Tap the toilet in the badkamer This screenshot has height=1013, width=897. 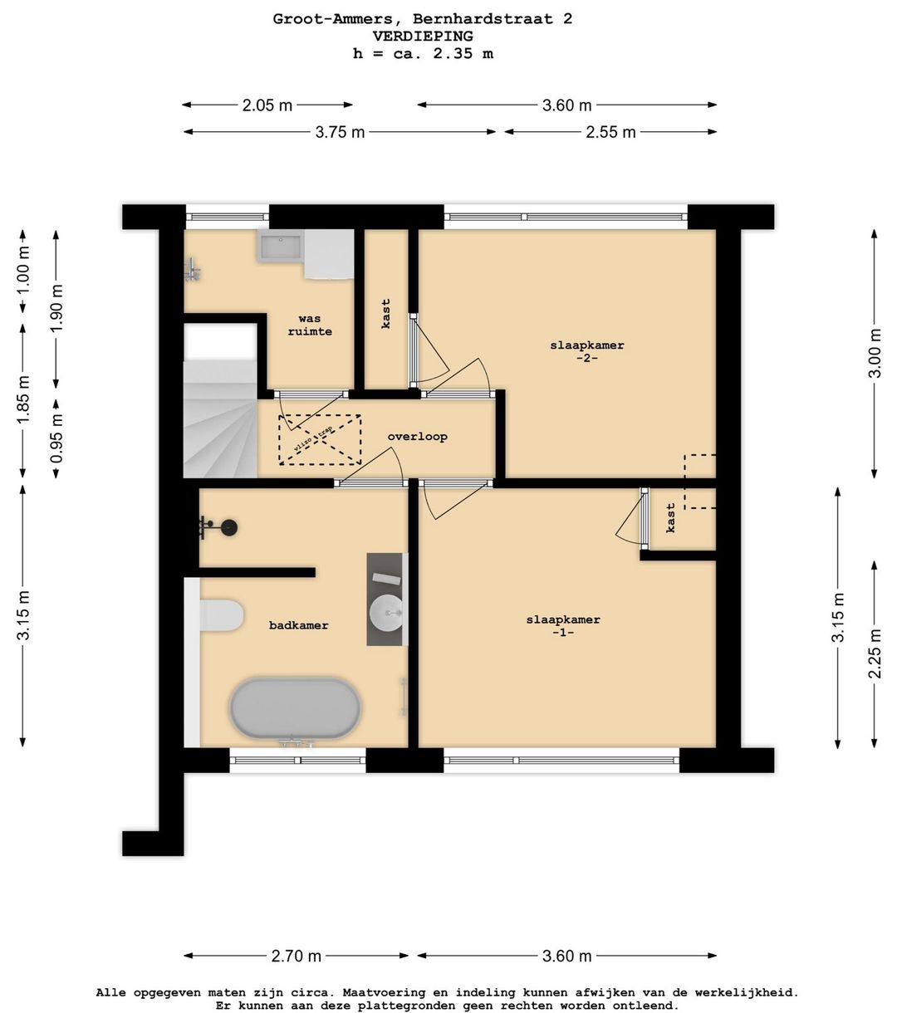[222, 616]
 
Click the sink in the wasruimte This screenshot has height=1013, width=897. [281, 247]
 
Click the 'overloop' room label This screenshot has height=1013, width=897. [417, 437]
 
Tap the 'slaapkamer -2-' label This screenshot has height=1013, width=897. [586, 351]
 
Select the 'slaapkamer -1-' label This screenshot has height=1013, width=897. [562, 625]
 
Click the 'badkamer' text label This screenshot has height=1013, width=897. [298, 625]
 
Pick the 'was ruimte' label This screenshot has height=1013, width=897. [310, 325]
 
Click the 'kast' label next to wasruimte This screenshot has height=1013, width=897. [386, 314]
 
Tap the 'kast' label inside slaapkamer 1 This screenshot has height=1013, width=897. [671, 517]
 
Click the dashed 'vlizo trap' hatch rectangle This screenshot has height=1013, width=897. [320, 439]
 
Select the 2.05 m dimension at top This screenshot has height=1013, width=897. [267, 105]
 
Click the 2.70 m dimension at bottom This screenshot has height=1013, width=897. [296, 956]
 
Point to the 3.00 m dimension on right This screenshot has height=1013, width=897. [874, 353]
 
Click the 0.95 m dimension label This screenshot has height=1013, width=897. [56, 437]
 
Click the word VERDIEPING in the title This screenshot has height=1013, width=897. [423, 37]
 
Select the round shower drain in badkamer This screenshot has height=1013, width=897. [228, 526]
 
